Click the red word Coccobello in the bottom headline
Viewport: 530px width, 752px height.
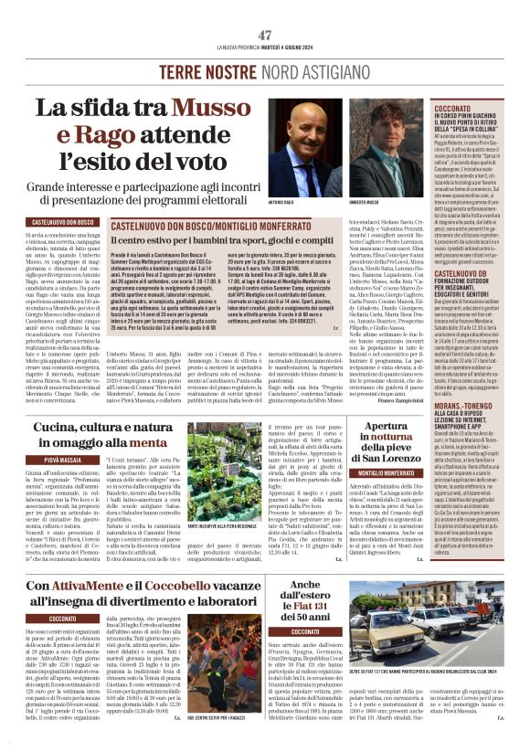(185, 582)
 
